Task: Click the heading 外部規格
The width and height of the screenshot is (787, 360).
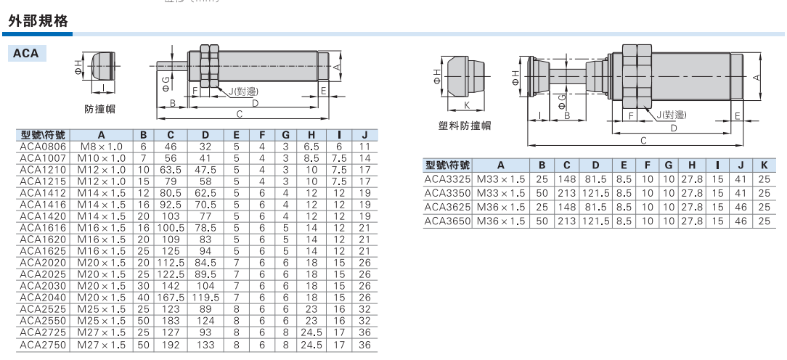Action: coord(38,21)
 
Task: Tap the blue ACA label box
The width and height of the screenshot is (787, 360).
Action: coord(27,53)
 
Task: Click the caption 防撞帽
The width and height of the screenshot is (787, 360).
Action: coord(99,109)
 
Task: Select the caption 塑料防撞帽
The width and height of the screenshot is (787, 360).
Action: coord(464,126)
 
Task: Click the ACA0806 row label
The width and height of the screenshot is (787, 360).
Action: coord(43,147)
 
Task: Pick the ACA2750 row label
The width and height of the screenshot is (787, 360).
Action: coord(43,345)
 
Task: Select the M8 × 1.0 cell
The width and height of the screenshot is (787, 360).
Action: coord(102,147)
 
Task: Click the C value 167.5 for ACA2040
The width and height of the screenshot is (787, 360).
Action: coord(171,298)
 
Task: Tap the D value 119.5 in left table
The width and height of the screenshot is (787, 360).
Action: coord(205,298)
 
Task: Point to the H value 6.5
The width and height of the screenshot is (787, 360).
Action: coord(311,147)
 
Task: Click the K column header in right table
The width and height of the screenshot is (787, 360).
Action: coord(764,165)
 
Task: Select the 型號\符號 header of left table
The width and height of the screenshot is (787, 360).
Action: coord(43,134)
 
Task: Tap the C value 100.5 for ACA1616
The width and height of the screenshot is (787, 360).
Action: coord(171,228)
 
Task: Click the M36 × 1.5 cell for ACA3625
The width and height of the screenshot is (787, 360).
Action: coord(500,206)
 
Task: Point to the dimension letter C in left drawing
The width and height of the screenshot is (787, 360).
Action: coord(240,114)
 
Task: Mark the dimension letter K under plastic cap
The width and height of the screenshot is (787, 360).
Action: coord(467,105)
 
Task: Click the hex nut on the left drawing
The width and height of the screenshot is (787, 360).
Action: coord(209,65)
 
